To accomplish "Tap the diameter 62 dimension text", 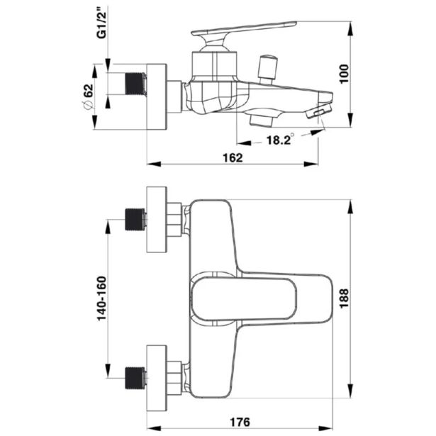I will [x=89, y=97].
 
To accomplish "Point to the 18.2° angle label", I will [x=280, y=140].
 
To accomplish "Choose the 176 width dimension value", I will [x=241, y=423].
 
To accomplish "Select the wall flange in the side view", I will [x=156, y=97].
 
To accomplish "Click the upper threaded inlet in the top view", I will [x=135, y=220].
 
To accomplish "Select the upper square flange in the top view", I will [x=156, y=220].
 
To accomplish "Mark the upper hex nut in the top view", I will [x=174, y=220].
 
